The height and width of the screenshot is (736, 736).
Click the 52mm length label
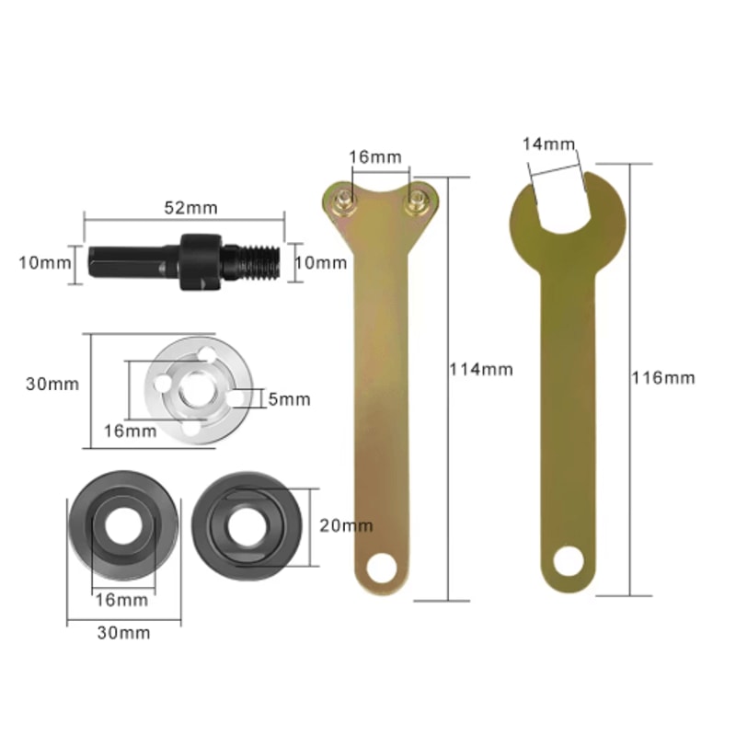(190, 207)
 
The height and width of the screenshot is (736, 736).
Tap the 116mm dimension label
(662, 377)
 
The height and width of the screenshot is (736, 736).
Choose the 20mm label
(347, 525)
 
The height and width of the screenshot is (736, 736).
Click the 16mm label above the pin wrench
(374, 157)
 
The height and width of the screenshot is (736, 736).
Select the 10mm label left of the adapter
(44, 262)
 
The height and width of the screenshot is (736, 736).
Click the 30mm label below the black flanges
(124, 633)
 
